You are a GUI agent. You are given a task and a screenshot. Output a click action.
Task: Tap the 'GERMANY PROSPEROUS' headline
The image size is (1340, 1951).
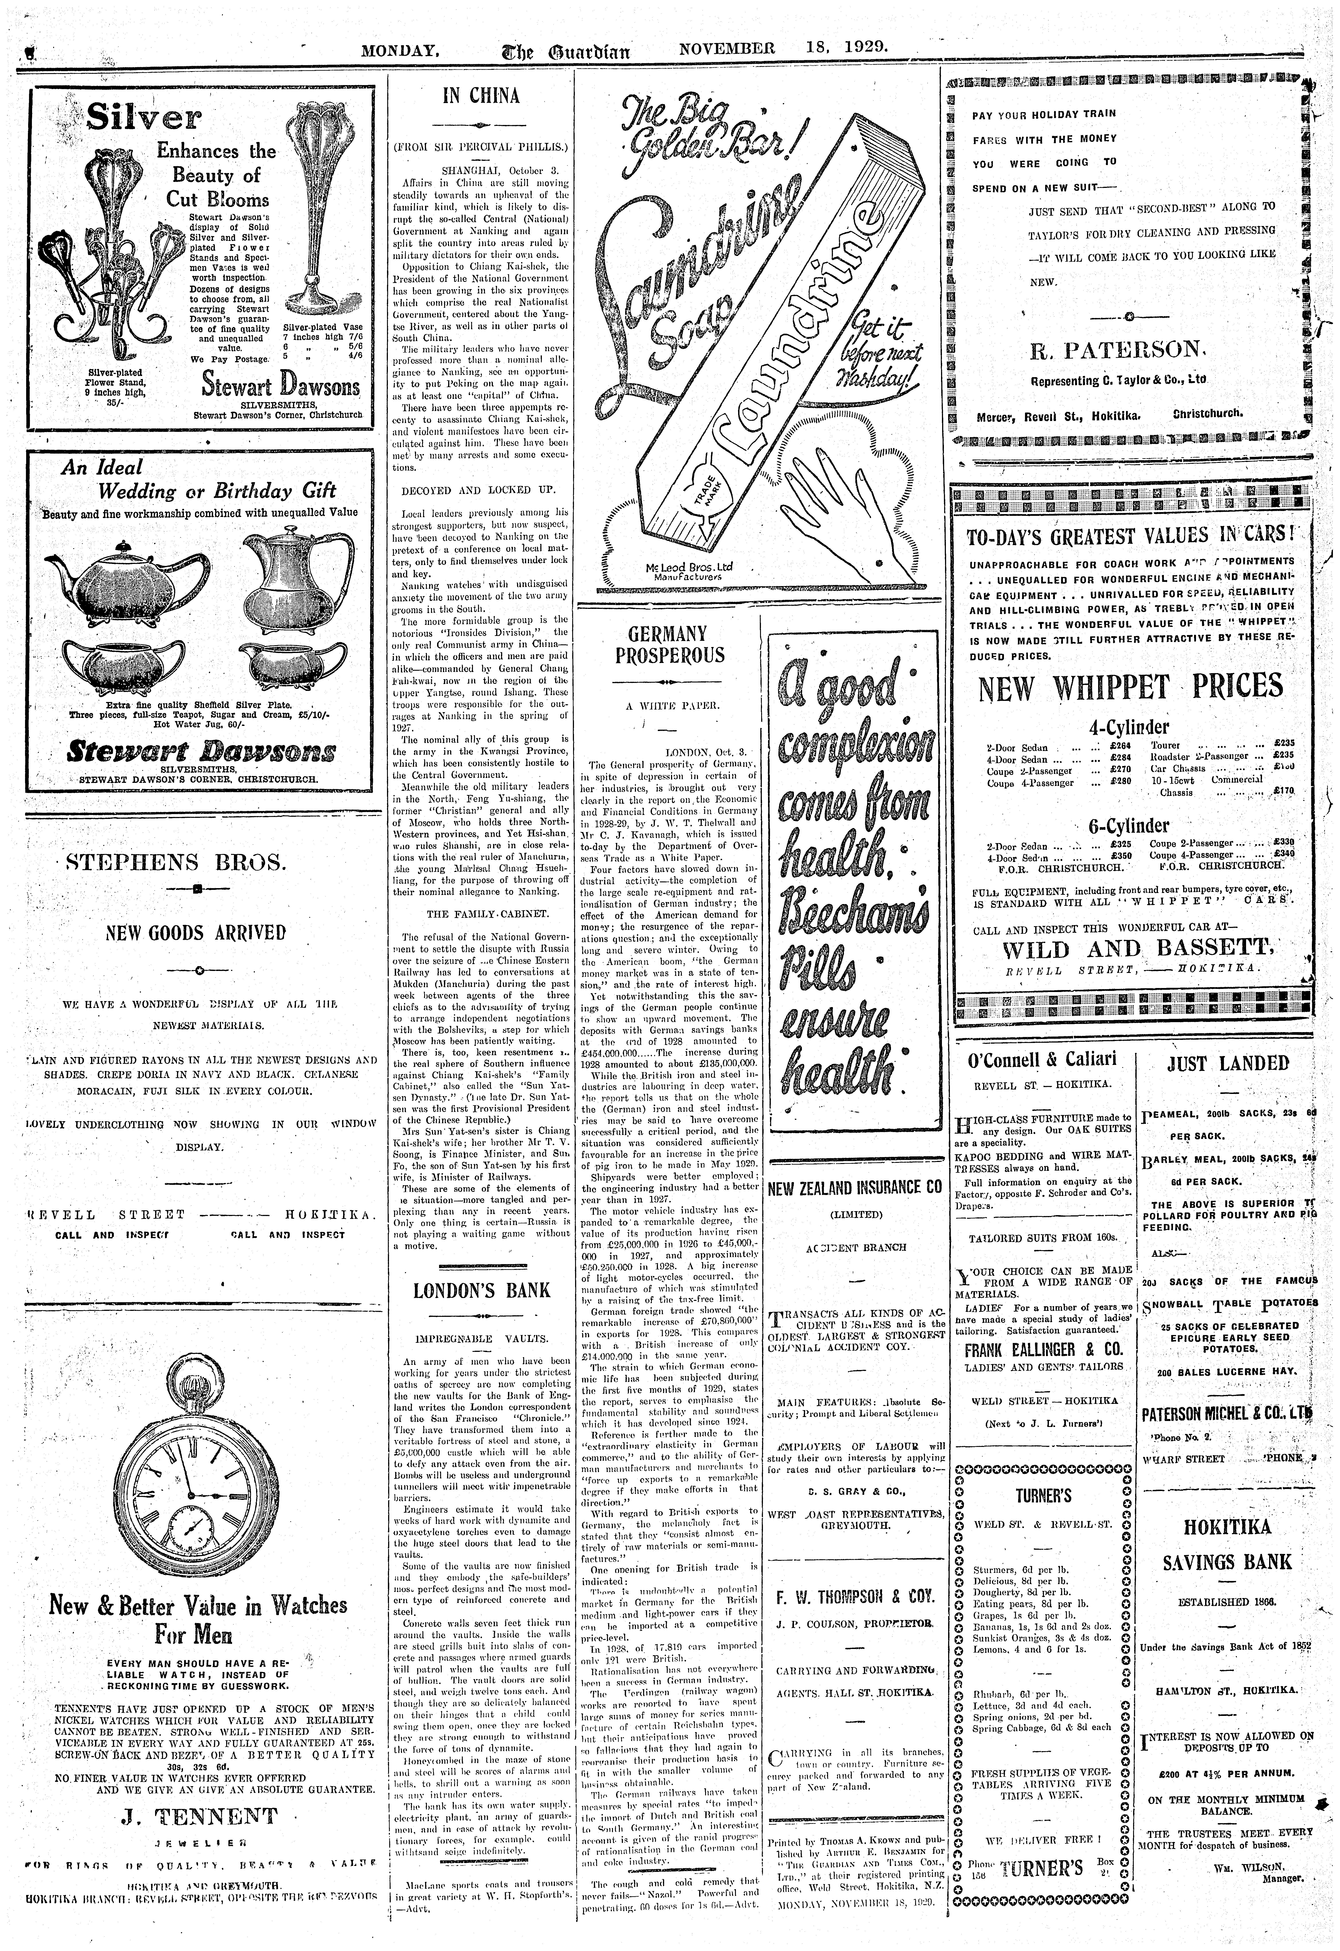668,644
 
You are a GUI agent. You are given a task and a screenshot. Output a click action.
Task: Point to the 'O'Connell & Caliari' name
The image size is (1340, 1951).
1040,1060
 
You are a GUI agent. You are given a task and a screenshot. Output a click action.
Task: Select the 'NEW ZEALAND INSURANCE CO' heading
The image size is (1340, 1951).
855,1188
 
